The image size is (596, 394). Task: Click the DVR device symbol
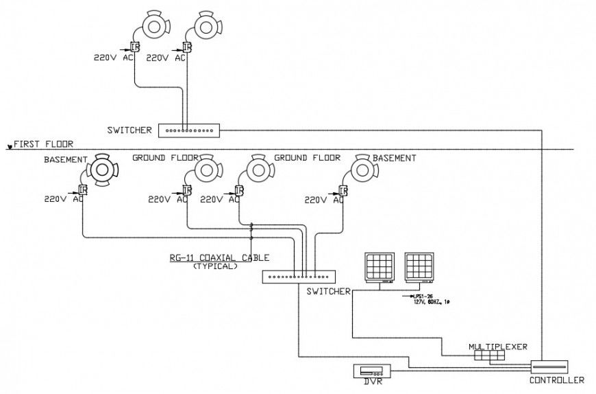pos(371,371)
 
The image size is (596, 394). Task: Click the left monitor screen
pos(380,266)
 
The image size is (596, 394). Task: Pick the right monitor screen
pos(419,266)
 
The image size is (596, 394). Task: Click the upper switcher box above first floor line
pos(188,129)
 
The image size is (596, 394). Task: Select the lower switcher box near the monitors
pos(299,276)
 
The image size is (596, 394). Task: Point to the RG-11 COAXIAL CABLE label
pos(219,258)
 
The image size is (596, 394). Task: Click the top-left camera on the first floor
pos(152,26)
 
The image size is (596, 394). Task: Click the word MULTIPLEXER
pos(498,347)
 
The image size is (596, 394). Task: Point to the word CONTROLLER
pos(557,380)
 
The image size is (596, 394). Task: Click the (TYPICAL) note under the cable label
pos(215,266)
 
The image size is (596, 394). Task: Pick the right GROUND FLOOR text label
pos(307,157)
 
